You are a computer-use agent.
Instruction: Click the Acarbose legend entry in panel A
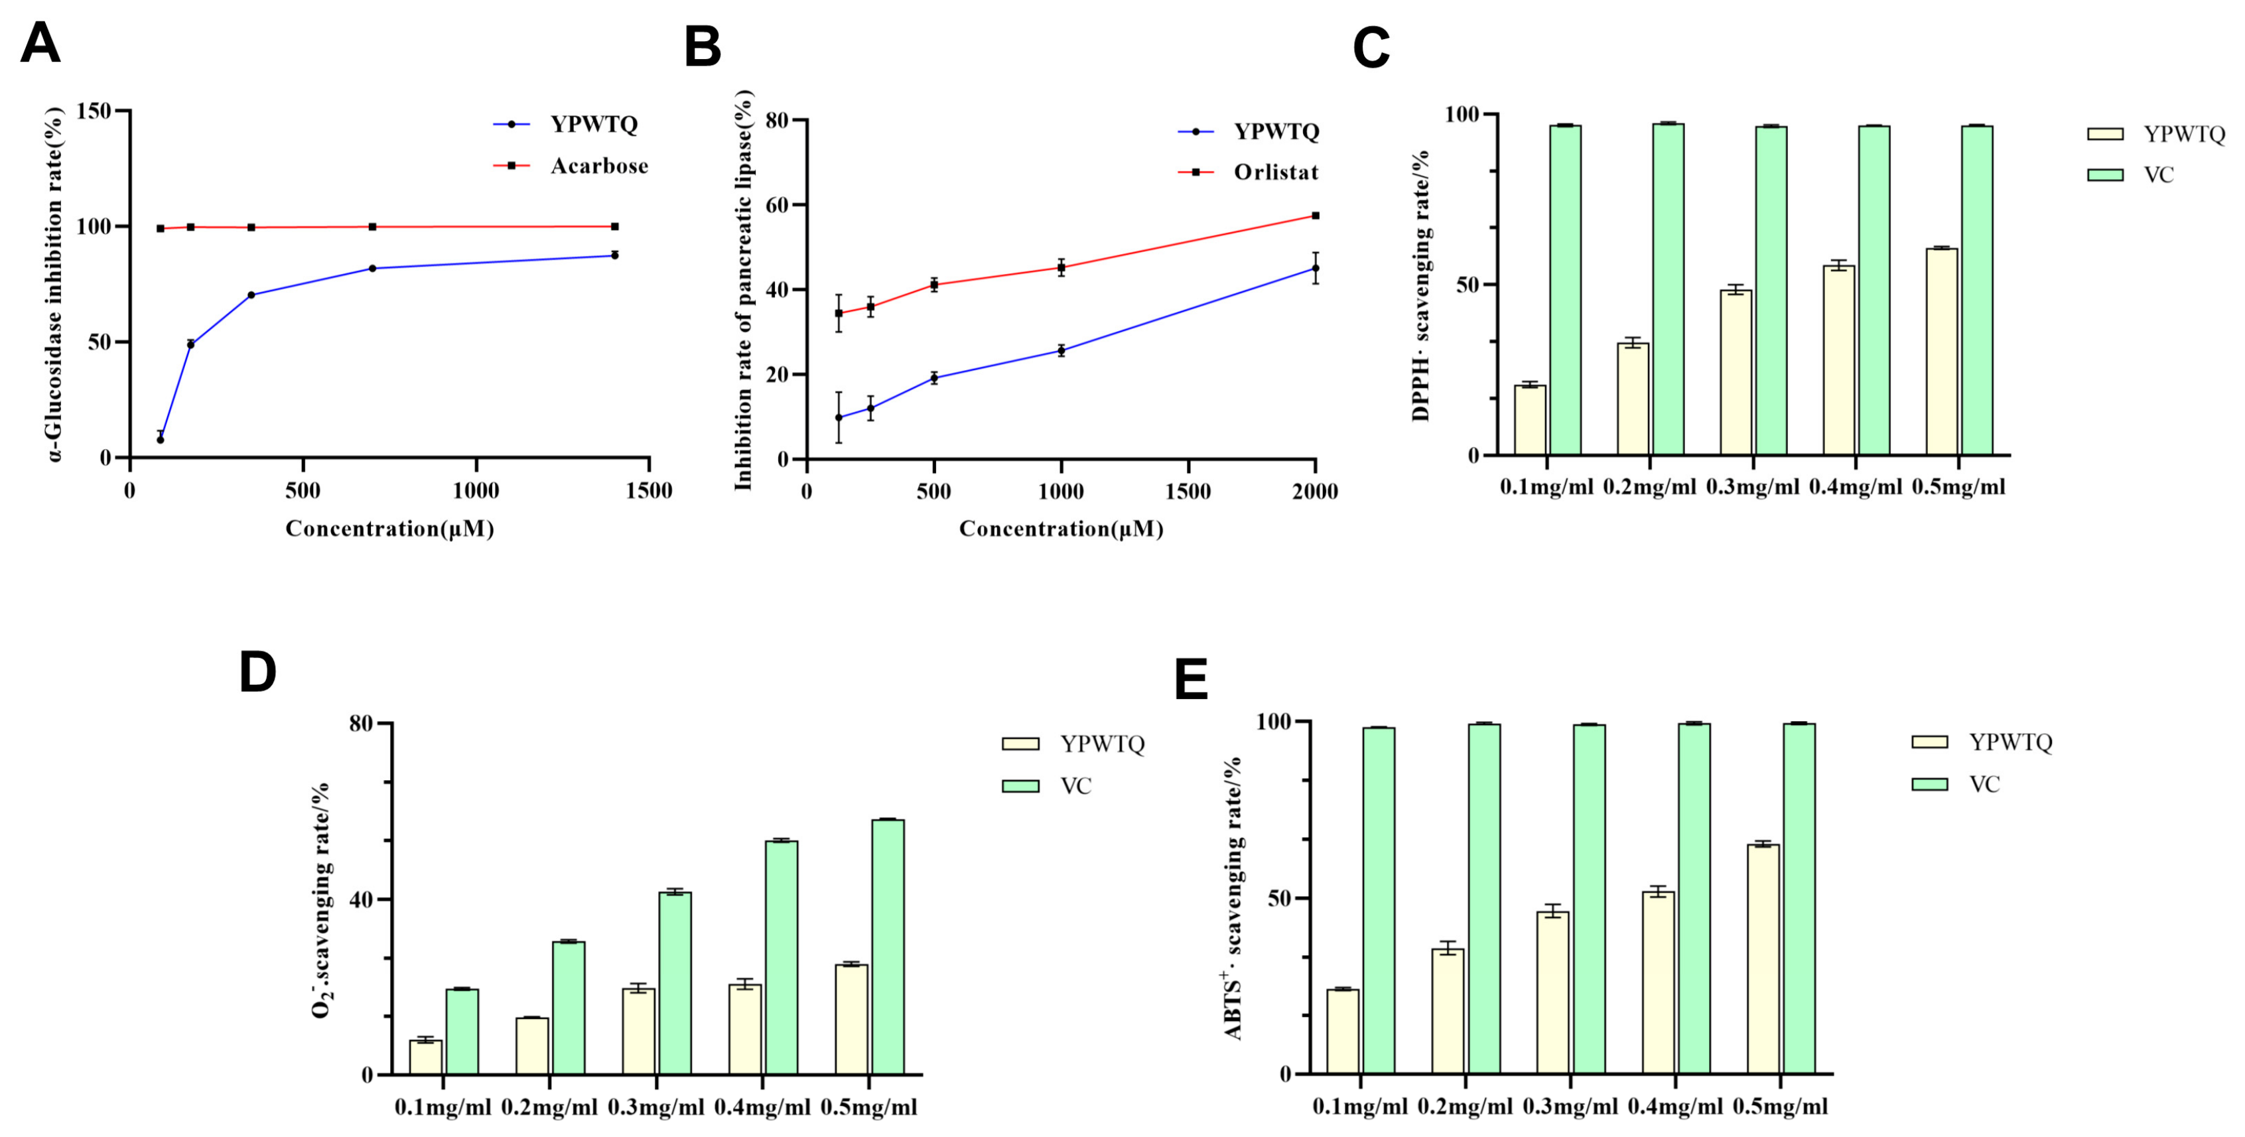pyautogui.click(x=571, y=166)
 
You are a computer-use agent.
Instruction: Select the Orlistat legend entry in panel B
pyautogui.click(x=1248, y=172)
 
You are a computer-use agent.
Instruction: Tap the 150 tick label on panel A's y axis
pyautogui.click(x=94, y=111)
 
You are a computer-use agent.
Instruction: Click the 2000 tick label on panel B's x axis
pyautogui.click(x=1314, y=492)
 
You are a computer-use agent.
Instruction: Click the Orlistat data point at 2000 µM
pyautogui.click(x=1315, y=215)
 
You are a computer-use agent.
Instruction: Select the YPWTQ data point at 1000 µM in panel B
pyautogui.click(x=1061, y=351)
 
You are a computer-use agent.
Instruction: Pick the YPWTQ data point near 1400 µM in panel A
pyautogui.click(x=614, y=255)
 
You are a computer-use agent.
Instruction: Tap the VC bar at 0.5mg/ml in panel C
pyautogui.click(x=1976, y=290)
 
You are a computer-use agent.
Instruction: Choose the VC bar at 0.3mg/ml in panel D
pyautogui.click(x=675, y=983)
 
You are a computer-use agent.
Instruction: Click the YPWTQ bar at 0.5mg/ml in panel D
pyautogui.click(x=851, y=1020)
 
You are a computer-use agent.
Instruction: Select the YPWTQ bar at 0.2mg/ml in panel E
pyautogui.click(x=1448, y=1012)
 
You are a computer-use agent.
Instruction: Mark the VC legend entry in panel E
pyautogui.click(x=1956, y=785)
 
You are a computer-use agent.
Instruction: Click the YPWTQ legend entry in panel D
pyautogui.click(x=1073, y=744)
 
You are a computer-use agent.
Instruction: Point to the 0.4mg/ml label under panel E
pyautogui.click(x=1675, y=1107)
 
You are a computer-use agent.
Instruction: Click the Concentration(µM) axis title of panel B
pyautogui.click(x=1061, y=529)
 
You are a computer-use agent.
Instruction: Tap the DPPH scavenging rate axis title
pyautogui.click(x=1420, y=286)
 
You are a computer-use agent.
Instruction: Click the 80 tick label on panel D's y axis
pyautogui.click(x=361, y=723)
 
